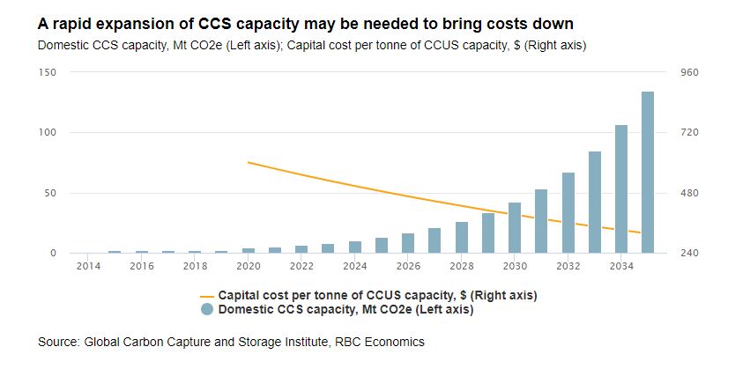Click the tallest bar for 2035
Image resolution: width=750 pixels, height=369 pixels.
[x=647, y=173]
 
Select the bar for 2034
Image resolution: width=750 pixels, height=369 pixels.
[x=620, y=189]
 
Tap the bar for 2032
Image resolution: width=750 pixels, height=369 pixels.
[x=568, y=213]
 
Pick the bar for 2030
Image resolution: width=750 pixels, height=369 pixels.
[x=515, y=228]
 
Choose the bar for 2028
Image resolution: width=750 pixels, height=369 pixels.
[x=461, y=238]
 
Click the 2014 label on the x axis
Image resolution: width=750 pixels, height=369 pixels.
[x=88, y=266]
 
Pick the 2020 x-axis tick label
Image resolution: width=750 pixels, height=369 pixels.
[x=248, y=266]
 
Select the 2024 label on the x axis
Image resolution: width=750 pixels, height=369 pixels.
[x=354, y=266]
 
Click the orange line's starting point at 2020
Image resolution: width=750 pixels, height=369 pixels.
[x=249, y=162]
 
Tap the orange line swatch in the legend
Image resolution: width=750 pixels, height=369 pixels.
[x=207, y=295]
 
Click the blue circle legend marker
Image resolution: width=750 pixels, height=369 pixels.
[x=207, y=309]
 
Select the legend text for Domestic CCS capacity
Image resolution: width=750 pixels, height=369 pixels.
[x=346, y=309]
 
